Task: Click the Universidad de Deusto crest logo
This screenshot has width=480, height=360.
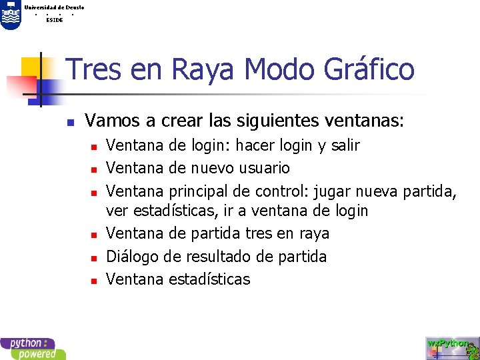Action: (11, 14)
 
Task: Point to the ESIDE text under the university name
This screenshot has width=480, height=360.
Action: (55, 20)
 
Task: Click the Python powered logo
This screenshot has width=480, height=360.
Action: (32, 349)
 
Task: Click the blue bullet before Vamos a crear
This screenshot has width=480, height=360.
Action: (69, 123)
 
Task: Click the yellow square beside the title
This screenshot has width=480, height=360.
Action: (30, 66)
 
